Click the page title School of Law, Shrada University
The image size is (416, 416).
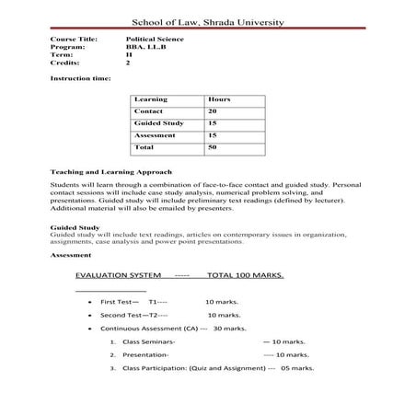pyautogui.click(x=208, y=21)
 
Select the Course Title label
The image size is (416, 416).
pyautogui.click(x=71, y=40)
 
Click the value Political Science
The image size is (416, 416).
pyautogui.click(x=154, y=40)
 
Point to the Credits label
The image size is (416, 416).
pyautogui.click(x=64, y=63)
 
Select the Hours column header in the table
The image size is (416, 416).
pyautogui.click(x=219, y=98)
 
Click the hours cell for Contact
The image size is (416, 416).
pyautogui.click(x=213, y=110)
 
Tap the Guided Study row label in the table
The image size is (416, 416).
pyautogui.click(x=159, y=122)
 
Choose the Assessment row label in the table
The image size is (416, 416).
pyautogui.click(x=156, y=134)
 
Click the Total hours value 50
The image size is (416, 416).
pyautogui.click(x=213, y=146)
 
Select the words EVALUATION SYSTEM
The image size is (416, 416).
pyautogui.click(x=119, y=275)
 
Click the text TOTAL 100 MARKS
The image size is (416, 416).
pyautogui.click(x=246, y=275)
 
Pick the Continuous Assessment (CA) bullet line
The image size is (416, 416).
pyautogui.click(x=173, y=328)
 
